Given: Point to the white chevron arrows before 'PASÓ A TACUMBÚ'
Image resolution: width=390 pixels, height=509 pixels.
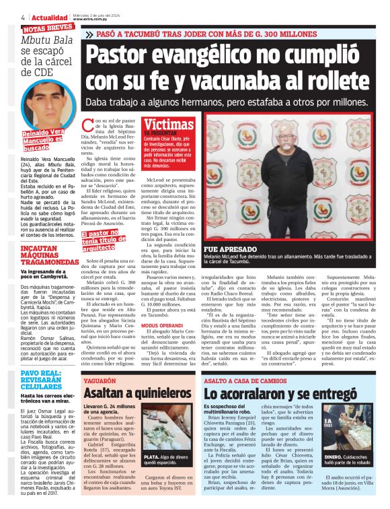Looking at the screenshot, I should pos(90,32).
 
